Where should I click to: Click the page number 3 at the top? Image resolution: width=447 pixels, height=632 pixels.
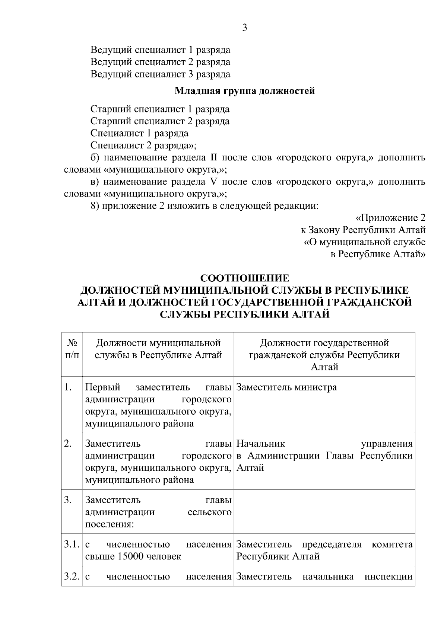coord(245,28)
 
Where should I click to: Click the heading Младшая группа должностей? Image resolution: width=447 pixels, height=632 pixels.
coord(245,91)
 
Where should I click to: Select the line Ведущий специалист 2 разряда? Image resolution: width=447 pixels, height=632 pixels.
coord(160,62)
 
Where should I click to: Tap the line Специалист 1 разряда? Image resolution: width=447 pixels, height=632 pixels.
coord(139,133)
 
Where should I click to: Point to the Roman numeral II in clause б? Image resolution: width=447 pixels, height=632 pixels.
coord(214,157)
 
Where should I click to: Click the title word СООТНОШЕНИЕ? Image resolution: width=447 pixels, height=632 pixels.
coord(245,278)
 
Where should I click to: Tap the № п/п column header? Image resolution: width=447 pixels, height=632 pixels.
coord(72,349)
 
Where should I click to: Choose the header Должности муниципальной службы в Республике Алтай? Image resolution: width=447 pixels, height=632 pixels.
coord(158,349)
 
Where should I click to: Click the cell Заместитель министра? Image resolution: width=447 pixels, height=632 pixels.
coord(286,387)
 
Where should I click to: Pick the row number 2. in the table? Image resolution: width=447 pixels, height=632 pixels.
coord(68,444)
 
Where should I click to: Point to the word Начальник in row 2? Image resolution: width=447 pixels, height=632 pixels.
coord(261,444)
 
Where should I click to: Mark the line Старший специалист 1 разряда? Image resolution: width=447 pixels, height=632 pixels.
coord(160,109)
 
